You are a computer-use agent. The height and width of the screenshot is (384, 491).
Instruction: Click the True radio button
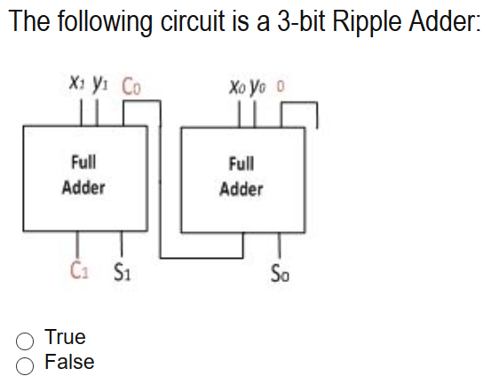pos(27,339)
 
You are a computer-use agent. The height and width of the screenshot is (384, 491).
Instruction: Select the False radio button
pos(27,363)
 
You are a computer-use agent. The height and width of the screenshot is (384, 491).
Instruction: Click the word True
pos(65,338)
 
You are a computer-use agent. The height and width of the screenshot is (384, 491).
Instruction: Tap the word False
pos(69,362)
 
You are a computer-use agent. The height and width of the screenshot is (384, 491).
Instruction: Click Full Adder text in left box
pos(83,175)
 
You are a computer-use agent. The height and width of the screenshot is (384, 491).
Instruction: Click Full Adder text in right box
pos(242,176)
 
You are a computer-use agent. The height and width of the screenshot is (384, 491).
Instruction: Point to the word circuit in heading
pos(189,21)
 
